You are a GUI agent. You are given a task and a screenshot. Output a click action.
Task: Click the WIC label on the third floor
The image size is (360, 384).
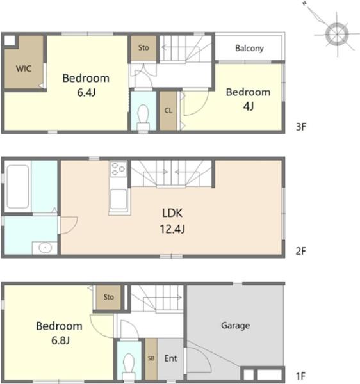click(24, 68)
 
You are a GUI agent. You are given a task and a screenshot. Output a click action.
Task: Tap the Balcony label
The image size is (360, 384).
click(249, 48)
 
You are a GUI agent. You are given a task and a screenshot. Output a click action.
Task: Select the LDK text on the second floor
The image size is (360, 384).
click(172, 213)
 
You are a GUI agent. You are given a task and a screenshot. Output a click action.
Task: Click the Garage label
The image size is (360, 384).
click(236, 326)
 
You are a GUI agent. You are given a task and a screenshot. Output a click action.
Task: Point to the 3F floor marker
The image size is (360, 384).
click(301, 127)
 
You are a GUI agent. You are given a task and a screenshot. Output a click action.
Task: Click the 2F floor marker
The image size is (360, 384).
click(301, 251)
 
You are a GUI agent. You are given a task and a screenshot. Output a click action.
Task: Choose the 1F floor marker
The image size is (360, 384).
click(300, 376)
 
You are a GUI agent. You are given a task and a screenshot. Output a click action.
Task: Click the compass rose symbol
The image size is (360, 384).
click(337, 34)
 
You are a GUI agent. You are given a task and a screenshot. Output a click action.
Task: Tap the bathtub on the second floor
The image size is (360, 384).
click(17, 187)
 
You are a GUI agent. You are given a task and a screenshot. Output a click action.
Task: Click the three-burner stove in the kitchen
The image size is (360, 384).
click(118, 169)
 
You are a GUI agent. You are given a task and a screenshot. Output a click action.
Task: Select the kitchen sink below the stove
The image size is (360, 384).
click(119, 200)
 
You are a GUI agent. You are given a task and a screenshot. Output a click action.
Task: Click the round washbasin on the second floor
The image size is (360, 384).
click(45, 248)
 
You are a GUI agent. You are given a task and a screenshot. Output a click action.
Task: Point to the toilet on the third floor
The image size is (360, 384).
click(143, 117)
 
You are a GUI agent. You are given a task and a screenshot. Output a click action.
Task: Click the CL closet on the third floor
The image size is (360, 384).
click(168, 111)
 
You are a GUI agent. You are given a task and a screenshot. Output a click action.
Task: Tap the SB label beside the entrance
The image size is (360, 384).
click(151, 358)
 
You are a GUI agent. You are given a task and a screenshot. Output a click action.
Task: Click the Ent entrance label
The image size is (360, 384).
click(170, 358)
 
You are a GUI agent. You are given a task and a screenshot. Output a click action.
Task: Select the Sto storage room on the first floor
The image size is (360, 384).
click(108, 298)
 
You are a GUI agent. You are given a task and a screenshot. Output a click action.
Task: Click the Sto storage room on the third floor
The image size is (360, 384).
click(143, 48)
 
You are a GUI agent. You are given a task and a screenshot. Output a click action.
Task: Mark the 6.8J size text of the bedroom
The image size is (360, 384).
click(60, 340)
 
